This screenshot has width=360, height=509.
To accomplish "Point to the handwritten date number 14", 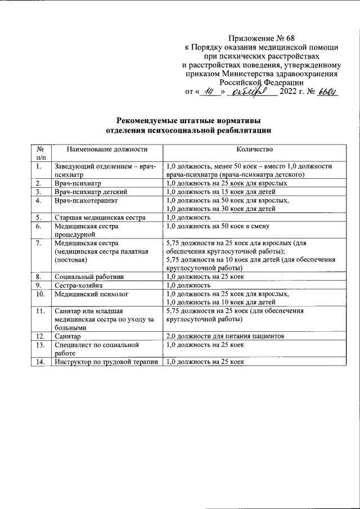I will tap(211, 92).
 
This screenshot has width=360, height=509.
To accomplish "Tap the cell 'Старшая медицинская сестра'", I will tap(100, 217).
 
